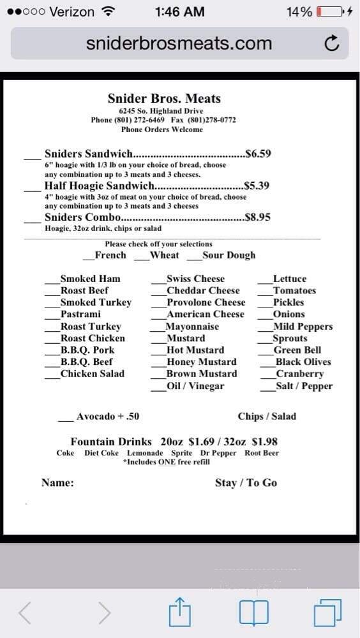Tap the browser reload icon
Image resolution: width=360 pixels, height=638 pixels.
coord(331,44)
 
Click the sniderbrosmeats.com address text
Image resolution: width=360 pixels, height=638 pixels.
coord(179,43)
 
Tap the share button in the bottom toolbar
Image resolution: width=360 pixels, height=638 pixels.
coord(179,613)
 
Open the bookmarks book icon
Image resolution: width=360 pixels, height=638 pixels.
coord(254,614)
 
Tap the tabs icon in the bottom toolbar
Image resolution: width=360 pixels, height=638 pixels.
coord(329,614)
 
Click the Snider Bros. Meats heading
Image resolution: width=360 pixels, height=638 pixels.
coord(164,99)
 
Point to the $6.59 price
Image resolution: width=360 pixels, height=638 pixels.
coord(259,154)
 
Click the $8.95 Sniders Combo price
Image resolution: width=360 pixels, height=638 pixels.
coord(258,217)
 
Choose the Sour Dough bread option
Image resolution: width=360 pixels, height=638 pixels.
coord(228,255)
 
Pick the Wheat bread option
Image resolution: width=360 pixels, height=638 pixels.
coord(164,255)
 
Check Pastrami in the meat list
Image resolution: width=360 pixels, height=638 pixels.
coord(80,314)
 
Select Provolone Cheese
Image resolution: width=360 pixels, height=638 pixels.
coord(206,302)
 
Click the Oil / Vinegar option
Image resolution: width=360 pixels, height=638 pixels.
coord(195,386)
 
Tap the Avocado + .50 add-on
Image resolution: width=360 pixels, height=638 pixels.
coord(107,417)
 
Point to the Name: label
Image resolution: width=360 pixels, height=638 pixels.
coord(57,483)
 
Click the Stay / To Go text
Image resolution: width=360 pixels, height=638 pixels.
coord(246,483)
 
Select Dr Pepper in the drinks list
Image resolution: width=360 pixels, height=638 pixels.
coord(218,453)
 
